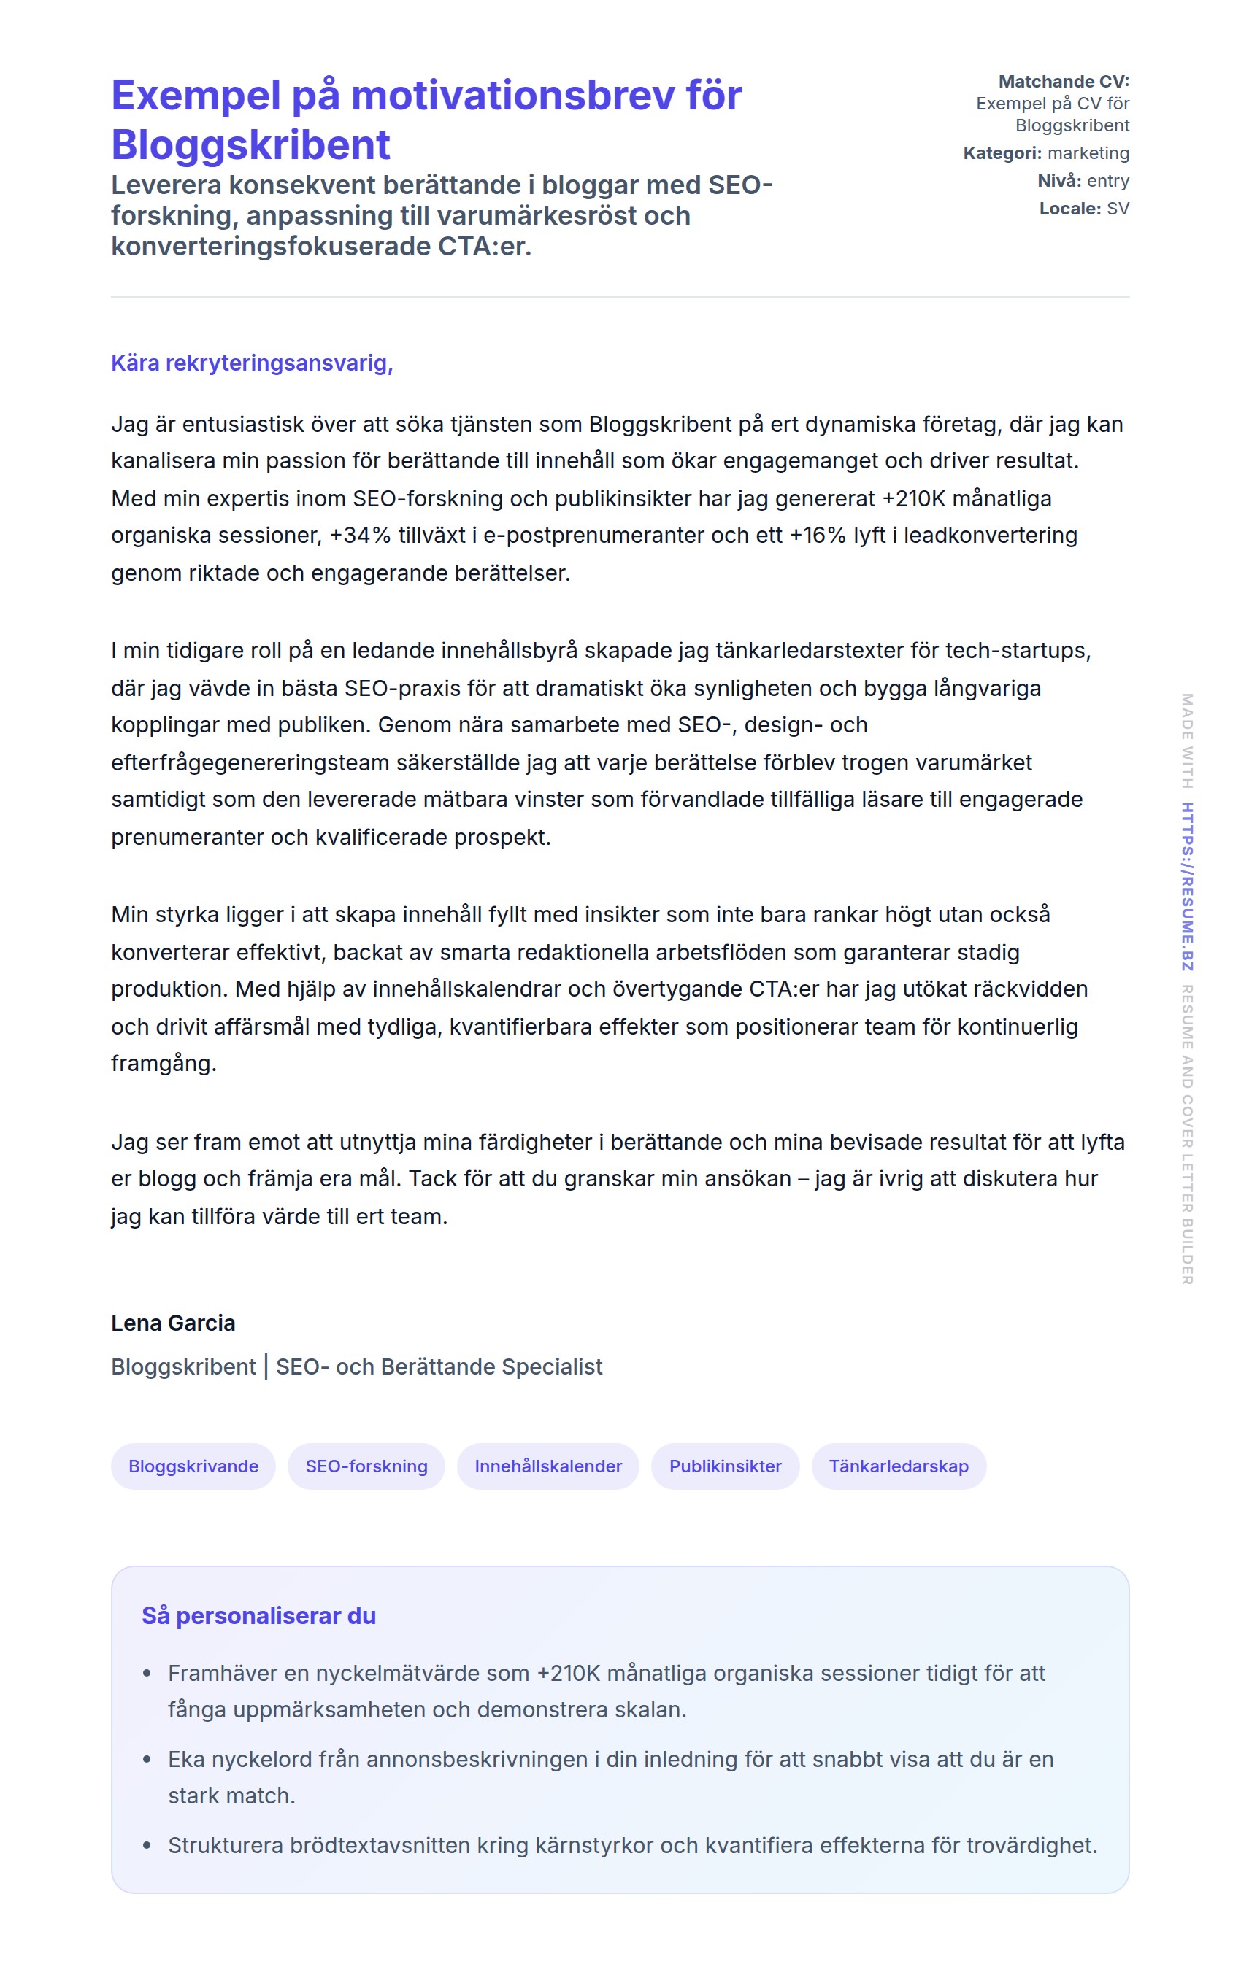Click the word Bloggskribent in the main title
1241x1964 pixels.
(250, 145)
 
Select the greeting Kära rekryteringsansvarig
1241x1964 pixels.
(251, 363)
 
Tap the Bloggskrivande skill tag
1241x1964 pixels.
(193, 1466)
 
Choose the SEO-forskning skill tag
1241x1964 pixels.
(366, 1466)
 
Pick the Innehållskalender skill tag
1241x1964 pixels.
(548, 1466)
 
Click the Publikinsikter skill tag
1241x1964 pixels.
(725, 1466)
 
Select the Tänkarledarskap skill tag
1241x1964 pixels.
(899, 1466)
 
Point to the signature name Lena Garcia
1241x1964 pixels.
(173, 1322)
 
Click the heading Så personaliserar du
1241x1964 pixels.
(258, 1615)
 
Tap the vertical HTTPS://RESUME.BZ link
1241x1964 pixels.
(1187, 886)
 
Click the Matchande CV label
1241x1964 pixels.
(1063, 82)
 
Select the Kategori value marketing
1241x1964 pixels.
(1088, 153)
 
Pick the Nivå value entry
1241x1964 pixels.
(1107, 181)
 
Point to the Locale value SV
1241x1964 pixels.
(1117, 209)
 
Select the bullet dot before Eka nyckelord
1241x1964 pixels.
(147, 1758)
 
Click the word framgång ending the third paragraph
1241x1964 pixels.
(164, 1063)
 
